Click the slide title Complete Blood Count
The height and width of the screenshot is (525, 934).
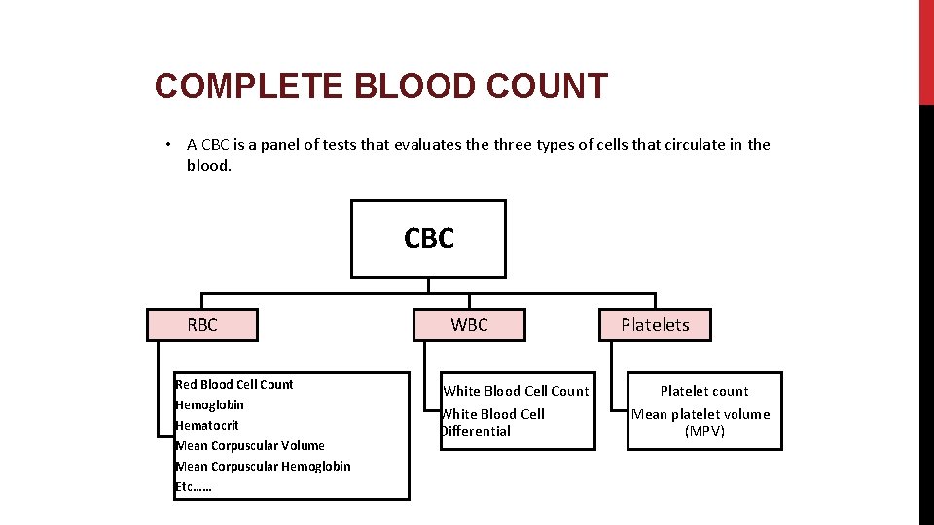point(380,87)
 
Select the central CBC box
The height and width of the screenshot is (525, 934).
point(428,239)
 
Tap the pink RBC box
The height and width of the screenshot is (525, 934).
point(202,325)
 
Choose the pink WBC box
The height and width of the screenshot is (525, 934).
point(469,325)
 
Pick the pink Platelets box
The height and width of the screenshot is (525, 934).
point(655,325)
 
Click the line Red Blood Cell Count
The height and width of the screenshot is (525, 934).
point(234,384)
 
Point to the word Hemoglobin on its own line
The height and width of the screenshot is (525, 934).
point(210,404)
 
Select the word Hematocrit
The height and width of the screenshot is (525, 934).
point(207,425)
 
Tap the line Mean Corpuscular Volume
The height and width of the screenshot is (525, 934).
point(250,445)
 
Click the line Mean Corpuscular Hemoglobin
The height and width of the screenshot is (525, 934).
point(263,466)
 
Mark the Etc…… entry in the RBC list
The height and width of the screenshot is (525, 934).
point(194,486)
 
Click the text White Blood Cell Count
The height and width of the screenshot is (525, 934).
point(516,391)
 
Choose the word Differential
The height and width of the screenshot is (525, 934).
point(476,431)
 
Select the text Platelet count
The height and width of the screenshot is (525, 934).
point(704,391)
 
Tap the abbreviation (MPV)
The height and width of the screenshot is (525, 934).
point(704,431)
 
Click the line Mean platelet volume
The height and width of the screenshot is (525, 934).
point(700,414)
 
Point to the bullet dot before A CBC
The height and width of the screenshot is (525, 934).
point(168,145)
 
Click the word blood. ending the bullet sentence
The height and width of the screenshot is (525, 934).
point(209,165)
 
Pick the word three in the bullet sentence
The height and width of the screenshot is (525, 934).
point(513,145)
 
